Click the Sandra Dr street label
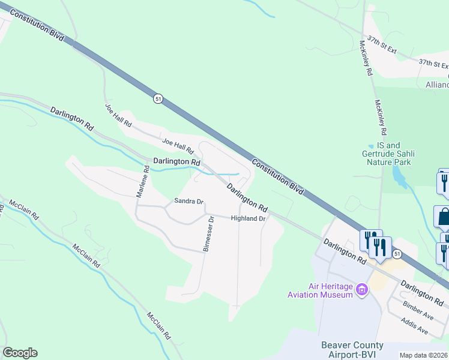tap(189, 201)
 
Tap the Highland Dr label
tap(248, 219)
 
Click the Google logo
tap(20, 353)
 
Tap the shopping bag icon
tap(443, 217)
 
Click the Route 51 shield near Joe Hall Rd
tap(157, 99)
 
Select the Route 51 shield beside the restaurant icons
tap(398, 255)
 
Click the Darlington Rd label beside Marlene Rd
tap(176, 162)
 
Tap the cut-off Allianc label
tap(437, 85)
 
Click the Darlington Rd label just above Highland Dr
tap(247, 197)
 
